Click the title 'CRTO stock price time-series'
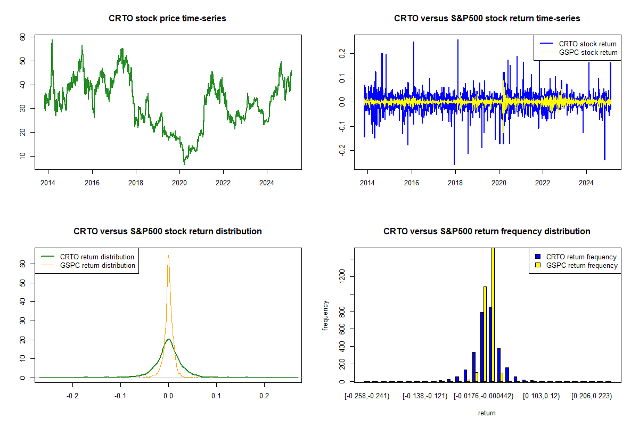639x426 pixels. point(167,19)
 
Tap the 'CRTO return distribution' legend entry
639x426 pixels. point(97,257)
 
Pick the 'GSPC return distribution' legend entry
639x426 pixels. point(97,265)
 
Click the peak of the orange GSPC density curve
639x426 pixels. point(168,256)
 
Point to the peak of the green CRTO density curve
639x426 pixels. point(168,339)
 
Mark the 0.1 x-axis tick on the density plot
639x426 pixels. point(216,395)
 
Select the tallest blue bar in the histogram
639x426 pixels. point(490,344)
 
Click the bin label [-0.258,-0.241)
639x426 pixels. point(368,396)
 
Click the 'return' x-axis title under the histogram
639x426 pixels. point(487,413)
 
